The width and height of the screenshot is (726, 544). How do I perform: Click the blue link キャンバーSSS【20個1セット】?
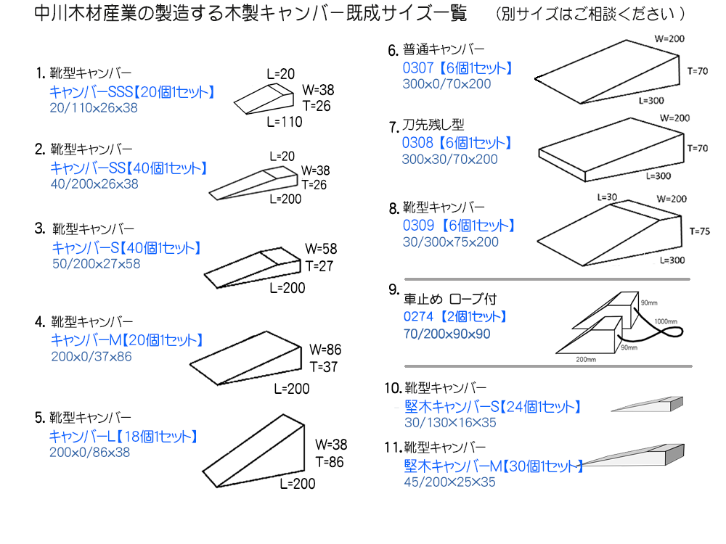coord(131,92)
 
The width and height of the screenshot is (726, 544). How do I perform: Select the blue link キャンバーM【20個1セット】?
coord(126,340)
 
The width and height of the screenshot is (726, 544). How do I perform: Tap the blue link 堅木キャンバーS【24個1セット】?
coord(493,407)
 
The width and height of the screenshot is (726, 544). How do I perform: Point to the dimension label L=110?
coord(285,122)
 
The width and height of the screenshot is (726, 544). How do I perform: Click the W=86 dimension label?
coord(325,350)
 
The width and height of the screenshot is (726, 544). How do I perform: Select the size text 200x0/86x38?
coord(91,452)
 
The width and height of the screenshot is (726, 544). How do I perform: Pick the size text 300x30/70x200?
coord(450,159)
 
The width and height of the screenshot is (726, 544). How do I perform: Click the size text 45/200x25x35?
coord(450,482)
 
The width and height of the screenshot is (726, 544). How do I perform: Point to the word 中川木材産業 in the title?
coord(81,14)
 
